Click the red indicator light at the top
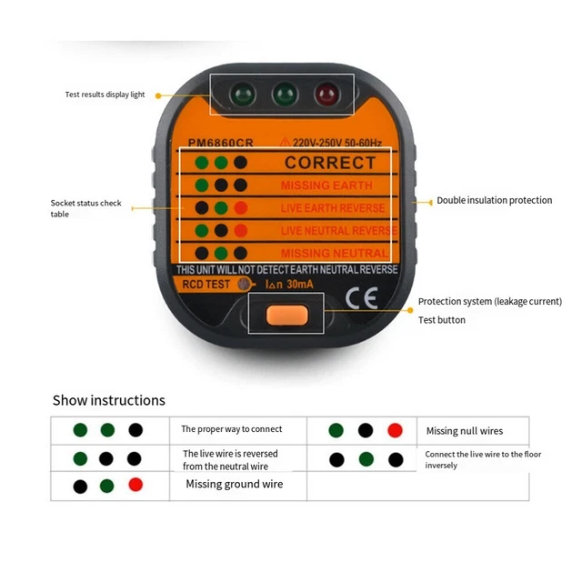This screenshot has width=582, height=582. coord(325,95)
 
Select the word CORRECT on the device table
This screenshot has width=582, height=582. coord(329,163)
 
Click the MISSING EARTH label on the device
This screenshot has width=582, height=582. coord(326,186)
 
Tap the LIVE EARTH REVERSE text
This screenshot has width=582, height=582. coord(333,208)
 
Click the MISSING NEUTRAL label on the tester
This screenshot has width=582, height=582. coord(334,253)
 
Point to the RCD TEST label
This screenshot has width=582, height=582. coord(205,285)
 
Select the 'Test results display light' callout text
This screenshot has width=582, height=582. coord(105,95)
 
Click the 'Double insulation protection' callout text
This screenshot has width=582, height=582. coord(494,200)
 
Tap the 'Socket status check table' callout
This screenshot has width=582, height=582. coord(85,208)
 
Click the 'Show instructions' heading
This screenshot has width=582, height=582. coord(108,400)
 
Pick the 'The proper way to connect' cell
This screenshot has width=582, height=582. coord(231,429)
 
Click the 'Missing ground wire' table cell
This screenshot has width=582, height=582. coord(234,484)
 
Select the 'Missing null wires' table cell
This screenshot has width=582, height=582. coord(464,431)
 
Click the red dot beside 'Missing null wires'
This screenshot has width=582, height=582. coord(394,430)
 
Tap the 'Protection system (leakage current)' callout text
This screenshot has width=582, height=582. coord(489,302)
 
